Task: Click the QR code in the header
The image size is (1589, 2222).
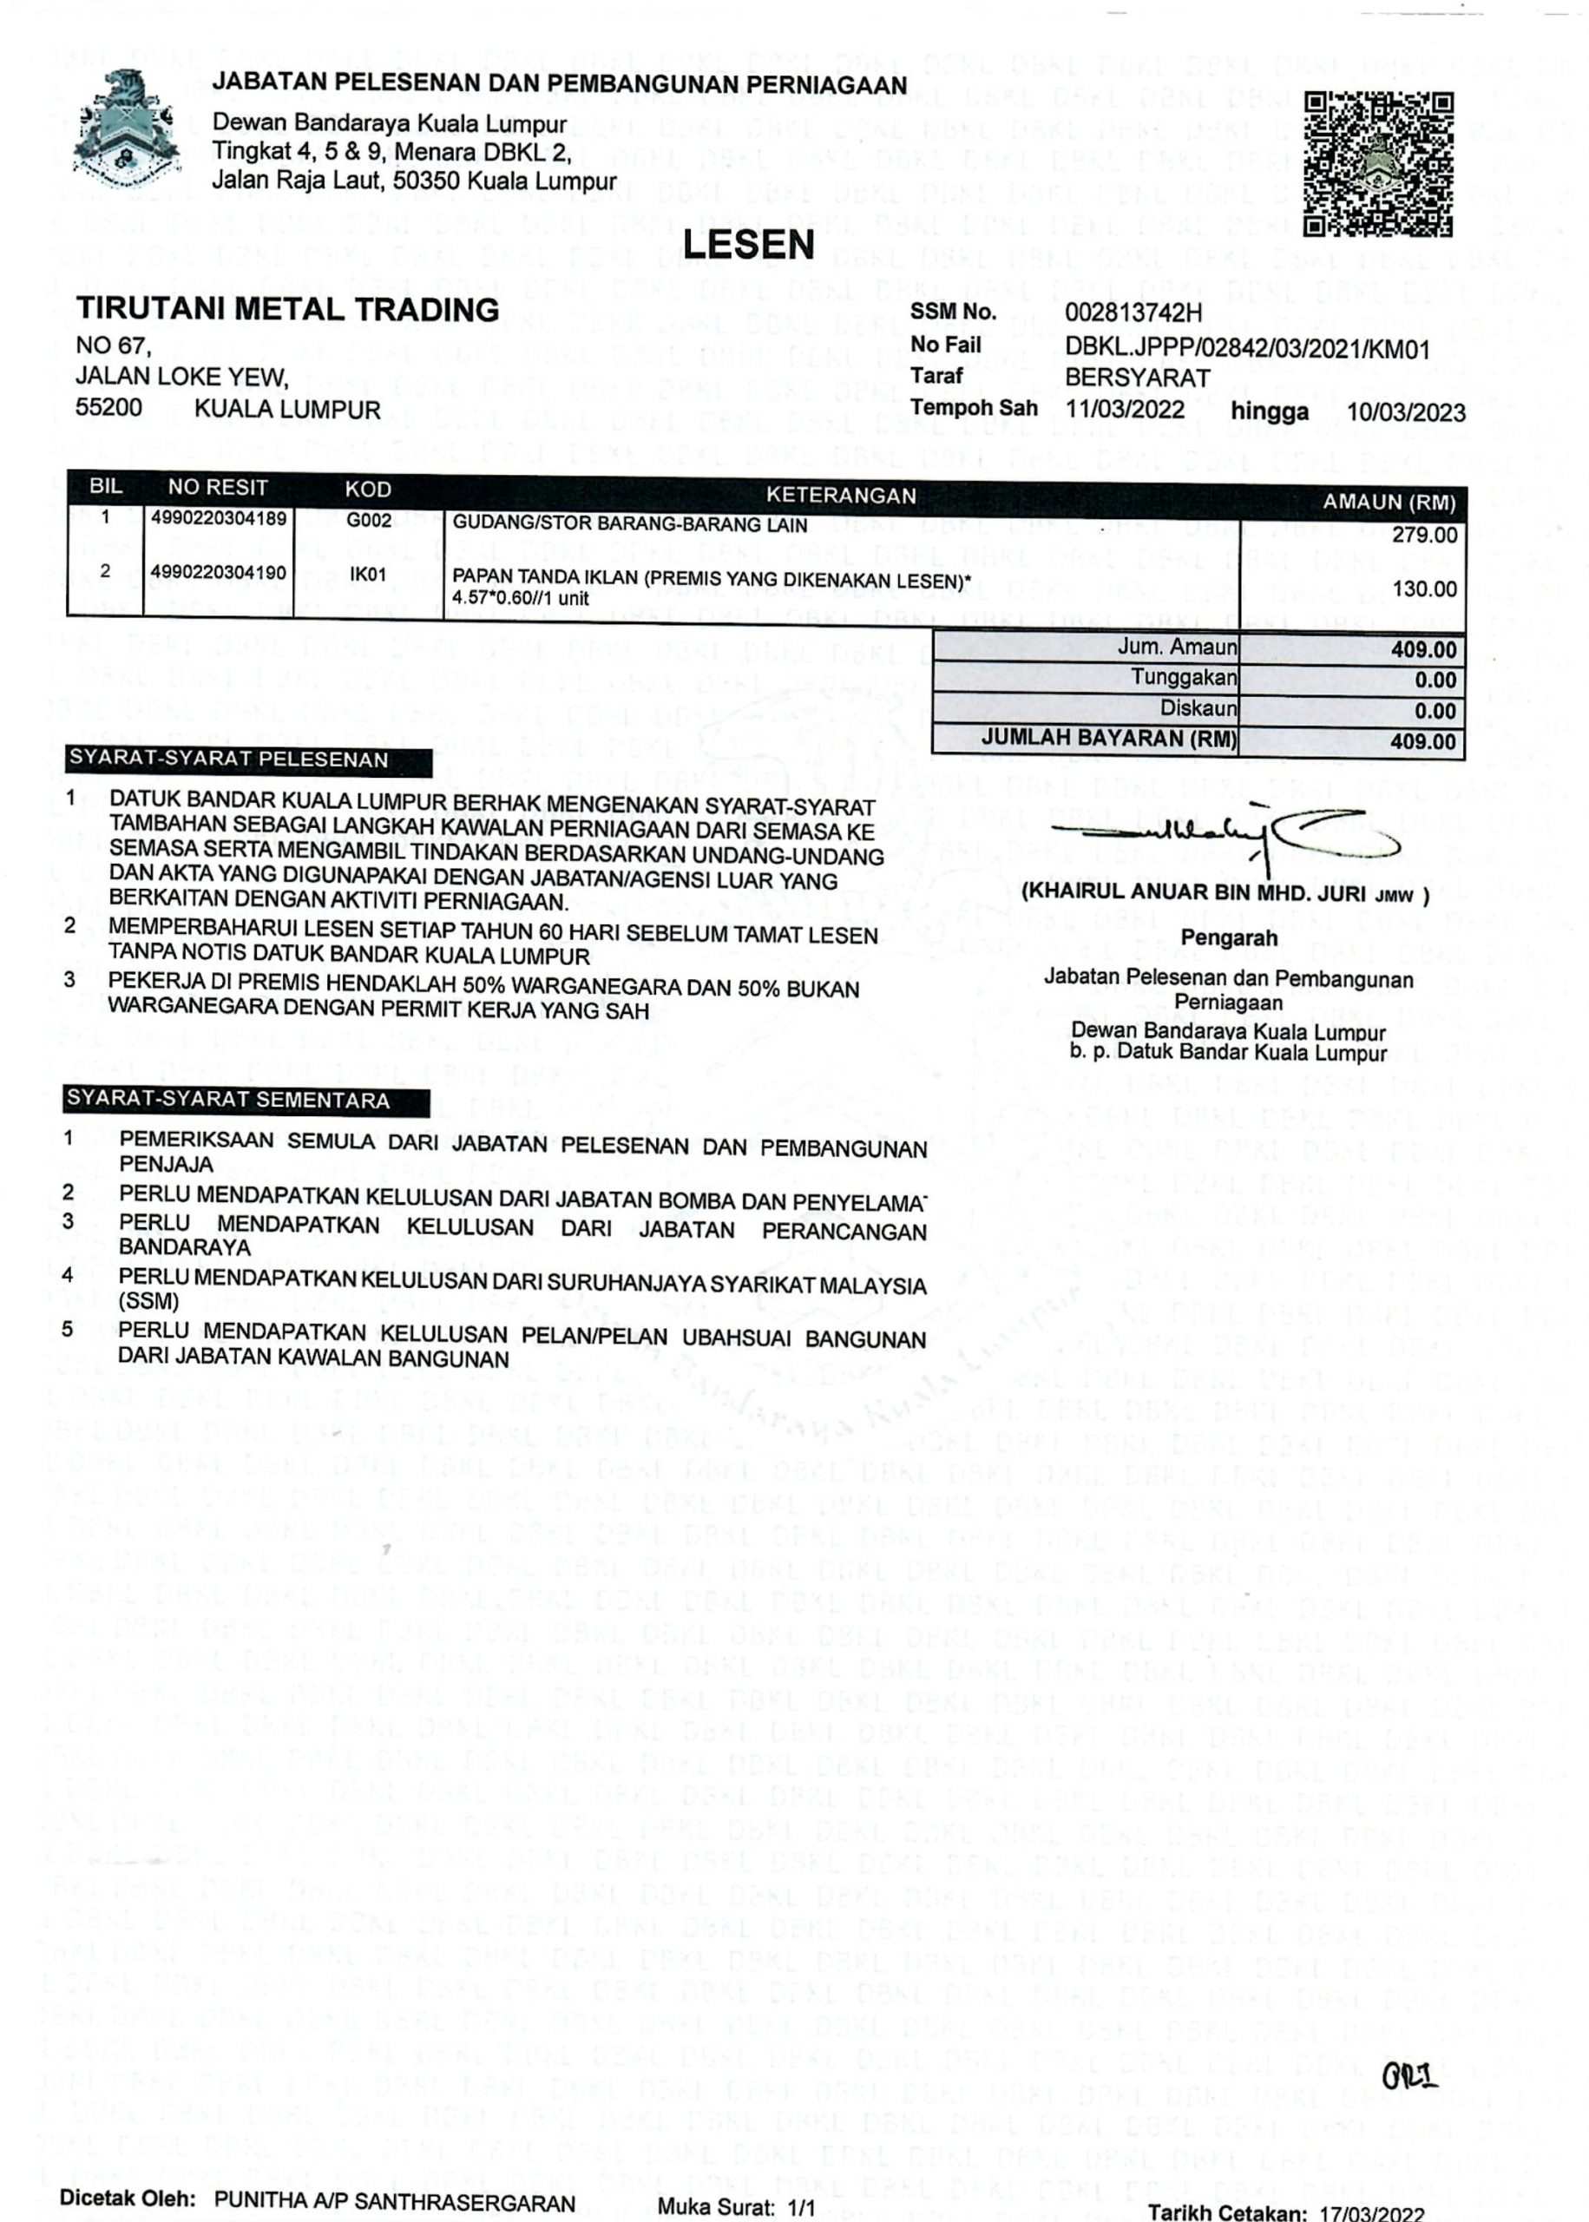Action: click(1379, 163)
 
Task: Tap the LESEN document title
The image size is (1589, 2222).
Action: click(749, 245)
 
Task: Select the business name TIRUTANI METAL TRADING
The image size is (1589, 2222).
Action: click(287, 309)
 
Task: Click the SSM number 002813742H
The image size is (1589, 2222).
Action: click(1133, 313)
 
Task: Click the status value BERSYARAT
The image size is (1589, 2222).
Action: click(1137, 378)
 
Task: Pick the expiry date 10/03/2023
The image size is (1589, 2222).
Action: click(1406, 412)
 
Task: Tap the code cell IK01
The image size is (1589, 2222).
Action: click(368, 575)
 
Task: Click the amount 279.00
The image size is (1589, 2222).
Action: click(1425, 536)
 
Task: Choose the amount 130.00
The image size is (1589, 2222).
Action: click(1425, 589)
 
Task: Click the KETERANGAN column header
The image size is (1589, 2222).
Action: click(840, 495)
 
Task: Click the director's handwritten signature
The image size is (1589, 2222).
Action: click(1223, 835)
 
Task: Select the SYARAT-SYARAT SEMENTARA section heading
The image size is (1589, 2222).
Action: click(227, 1100)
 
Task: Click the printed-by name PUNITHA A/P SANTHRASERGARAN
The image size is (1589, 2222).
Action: click(394, 2175)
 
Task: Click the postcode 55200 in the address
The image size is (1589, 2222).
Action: click(108, 408)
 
